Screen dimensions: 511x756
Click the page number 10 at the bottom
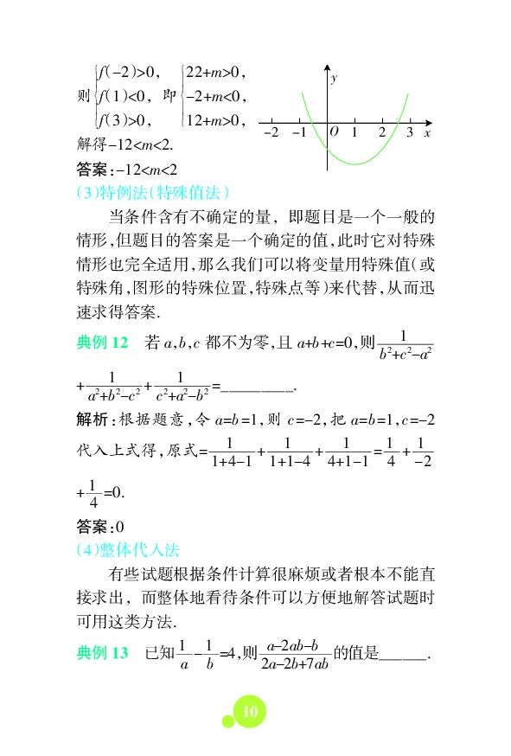click(x=251, y=711)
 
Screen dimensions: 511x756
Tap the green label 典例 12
click(x=102, y=344)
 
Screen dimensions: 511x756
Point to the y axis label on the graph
click(x=334, y=79)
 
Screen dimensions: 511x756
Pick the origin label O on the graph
click(x=335, y=132)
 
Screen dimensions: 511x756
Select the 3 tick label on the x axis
click(x=409, y=133)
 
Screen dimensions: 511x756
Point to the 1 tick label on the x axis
click(x=355, y=133)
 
